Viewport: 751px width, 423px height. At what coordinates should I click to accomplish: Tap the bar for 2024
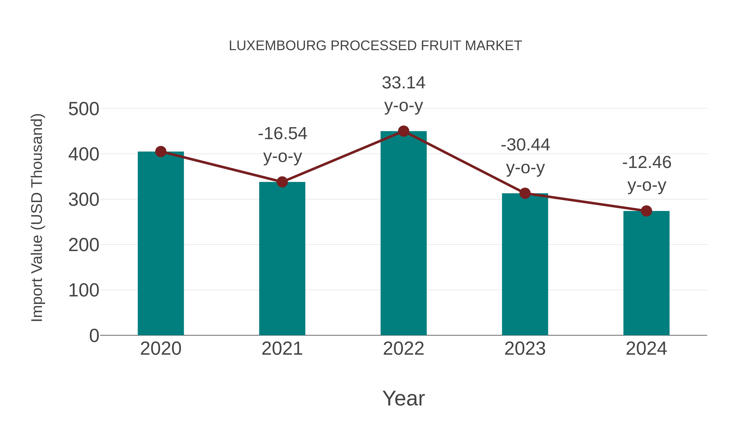pos(646,273)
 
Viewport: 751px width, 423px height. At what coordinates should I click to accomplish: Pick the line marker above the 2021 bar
pos(282,182)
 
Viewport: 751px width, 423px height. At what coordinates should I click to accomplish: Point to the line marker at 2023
pos(525,193)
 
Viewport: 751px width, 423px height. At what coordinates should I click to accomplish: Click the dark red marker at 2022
pos(403,131)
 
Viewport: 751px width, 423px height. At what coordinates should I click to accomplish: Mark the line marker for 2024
pos(646,211)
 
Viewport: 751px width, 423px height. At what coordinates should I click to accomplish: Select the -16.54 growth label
pos(282,134)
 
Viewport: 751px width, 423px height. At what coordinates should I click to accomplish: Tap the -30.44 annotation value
pos(525,145)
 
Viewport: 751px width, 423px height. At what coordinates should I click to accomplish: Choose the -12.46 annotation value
pos(647,163)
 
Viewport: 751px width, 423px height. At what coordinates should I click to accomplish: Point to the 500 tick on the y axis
pos(84,109)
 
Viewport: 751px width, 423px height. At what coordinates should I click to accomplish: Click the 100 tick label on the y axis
pos(84,291)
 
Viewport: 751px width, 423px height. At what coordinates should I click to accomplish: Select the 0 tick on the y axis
pos(94,336)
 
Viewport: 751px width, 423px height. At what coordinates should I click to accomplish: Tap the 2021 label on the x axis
pos(282,349)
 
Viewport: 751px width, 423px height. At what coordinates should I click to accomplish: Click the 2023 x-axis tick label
pos(525,349)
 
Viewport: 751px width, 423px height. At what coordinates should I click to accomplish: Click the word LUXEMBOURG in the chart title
pos(277,46)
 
